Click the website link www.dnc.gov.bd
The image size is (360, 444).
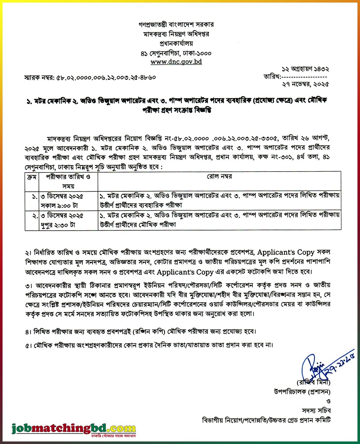point(176,62)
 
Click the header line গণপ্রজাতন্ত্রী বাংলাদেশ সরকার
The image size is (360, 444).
point(176,25)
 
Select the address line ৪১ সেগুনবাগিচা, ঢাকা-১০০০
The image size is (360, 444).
point(176,53)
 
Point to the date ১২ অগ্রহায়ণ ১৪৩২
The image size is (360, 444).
point(306,68)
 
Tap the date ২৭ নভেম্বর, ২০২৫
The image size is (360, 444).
point(306,84)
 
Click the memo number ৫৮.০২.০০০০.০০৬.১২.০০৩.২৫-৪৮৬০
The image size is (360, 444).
point(106,77)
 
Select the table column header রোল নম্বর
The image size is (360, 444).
point(219,177)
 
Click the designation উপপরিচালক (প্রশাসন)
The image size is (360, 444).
point(302,391)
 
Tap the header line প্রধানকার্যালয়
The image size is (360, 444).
point(176,44)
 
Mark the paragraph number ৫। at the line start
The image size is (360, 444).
point(28,345)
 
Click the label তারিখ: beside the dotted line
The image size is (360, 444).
point(271,76)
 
